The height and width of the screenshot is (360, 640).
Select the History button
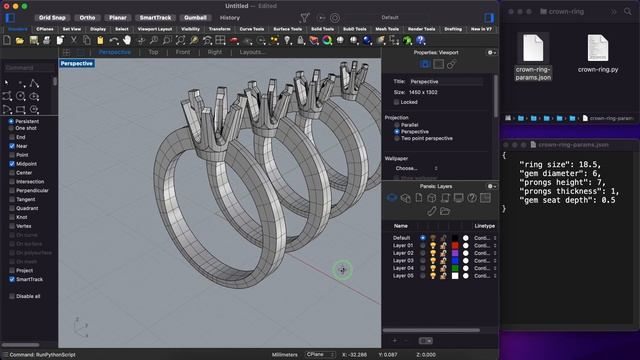(229, 17)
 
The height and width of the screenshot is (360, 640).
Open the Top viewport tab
(153, 51)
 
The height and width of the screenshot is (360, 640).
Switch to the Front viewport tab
(182, 51)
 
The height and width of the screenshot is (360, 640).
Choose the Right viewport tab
(214, 51)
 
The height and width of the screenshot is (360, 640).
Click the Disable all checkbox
(11, 296)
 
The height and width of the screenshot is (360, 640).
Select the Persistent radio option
(11, 118)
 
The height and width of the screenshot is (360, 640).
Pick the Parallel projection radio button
(397, 124)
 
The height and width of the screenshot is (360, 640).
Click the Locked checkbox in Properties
(397, 101)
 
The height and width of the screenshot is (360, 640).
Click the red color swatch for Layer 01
(456, 245)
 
